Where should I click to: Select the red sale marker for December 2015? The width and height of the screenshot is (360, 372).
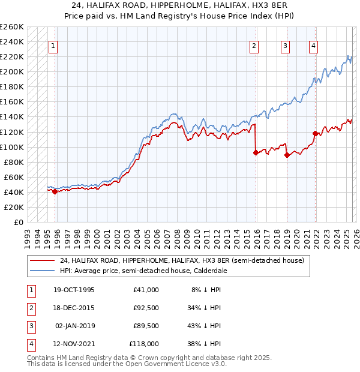(256, 152)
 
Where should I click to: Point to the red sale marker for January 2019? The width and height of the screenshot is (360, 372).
(286, 155)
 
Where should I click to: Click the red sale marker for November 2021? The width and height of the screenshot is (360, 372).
(315, 133)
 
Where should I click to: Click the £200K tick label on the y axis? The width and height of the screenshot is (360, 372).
(12, 72)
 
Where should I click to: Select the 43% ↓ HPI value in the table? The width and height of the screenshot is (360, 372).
(203, 327)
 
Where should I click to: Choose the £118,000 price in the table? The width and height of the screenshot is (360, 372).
(144, 345)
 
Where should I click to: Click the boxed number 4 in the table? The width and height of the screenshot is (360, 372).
(29, 345)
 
